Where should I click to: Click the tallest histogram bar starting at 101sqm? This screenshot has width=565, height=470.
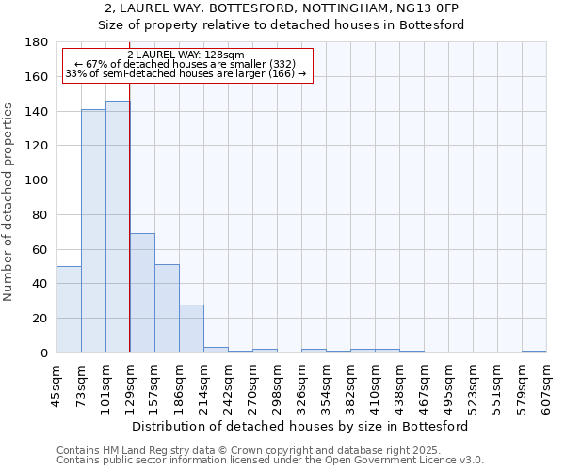point(118,227)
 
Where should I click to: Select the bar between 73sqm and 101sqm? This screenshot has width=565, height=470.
point(93,231)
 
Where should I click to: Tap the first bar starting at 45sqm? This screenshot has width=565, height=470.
point(69,309)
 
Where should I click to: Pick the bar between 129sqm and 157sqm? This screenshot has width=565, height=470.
point(142,293)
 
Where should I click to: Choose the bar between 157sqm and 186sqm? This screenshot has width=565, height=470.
point(167,308)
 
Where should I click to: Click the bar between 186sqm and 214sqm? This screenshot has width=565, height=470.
point(191,329)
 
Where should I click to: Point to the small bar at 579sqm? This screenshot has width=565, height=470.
point(534,352)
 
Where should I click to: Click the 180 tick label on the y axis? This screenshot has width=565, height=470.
point(37,42)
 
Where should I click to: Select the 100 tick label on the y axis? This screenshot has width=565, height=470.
point(37,180)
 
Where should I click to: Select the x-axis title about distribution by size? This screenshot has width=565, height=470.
point(301,426)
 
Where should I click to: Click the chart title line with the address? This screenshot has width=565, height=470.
point(282,8)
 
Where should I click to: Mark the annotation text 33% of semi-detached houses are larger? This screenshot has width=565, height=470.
point(186,73)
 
